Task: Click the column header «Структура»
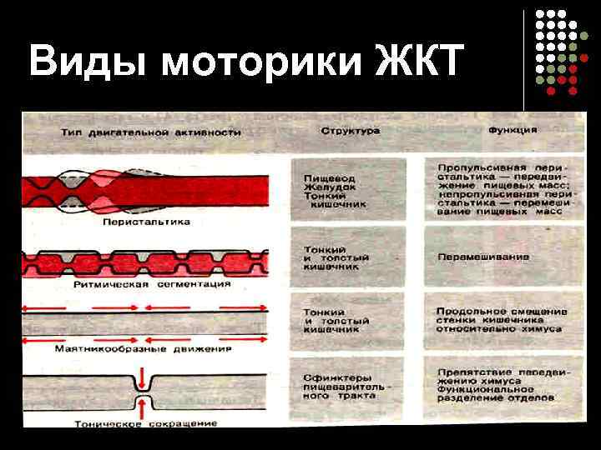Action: [x=351, y=132]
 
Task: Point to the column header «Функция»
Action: [x=512, y=131]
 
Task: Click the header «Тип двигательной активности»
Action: [x=150, y=132]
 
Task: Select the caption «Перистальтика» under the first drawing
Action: [x=146, y=222]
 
